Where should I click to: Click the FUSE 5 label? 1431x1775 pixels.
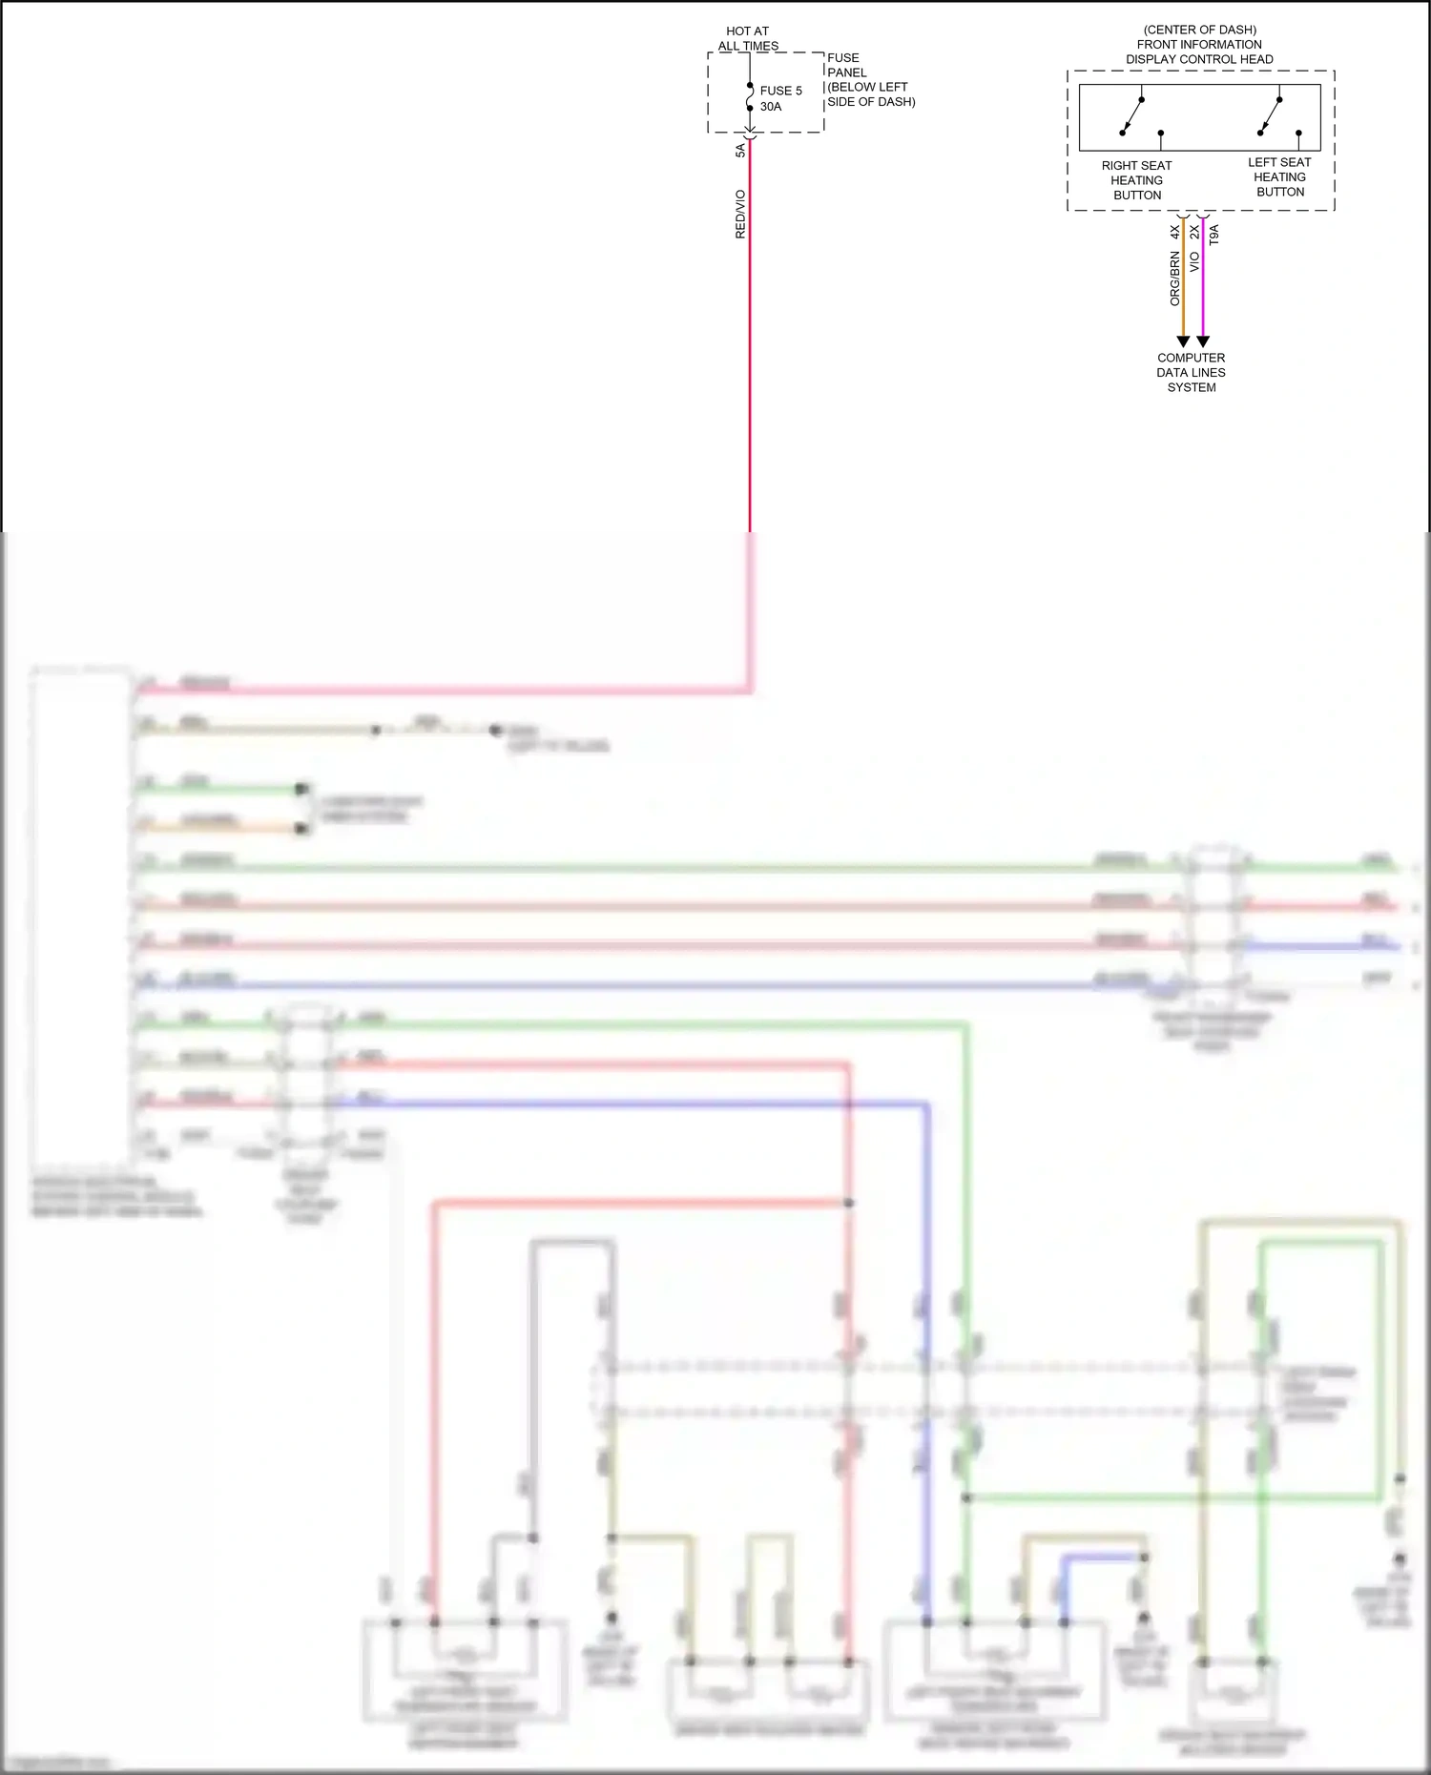pos(780,91)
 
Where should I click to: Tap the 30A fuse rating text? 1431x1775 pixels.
pos(771,107)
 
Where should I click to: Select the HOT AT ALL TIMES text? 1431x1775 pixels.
pos(748,38)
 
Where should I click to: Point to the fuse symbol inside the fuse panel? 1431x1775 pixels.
pos(750,97)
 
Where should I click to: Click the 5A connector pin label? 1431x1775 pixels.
pos(740,151)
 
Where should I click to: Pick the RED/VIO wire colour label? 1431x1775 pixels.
pos(740,214)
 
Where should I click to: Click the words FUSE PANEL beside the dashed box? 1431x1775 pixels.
pos(846,65)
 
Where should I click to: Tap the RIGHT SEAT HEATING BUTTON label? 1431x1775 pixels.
pos(1136,180)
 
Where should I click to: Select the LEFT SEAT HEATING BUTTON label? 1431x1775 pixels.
pos(1279,177)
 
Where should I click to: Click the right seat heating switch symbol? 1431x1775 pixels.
pos(1132,115)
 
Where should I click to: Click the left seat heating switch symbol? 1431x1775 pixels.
pos(1270,115)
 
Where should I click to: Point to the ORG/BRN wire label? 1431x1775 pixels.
pos(1175,279)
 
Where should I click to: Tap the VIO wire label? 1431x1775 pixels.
pos(1194,262)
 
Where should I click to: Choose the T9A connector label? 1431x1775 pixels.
pos(1213,235)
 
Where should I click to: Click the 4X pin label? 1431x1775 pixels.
pos(1175,232)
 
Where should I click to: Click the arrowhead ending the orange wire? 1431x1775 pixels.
pos(1183,341)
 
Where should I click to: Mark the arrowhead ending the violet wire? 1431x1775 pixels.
pos(1203,341)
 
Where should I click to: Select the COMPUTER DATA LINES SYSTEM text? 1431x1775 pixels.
pos(1191,373)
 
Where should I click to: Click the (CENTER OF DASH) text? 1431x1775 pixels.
pos(1199,30)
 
